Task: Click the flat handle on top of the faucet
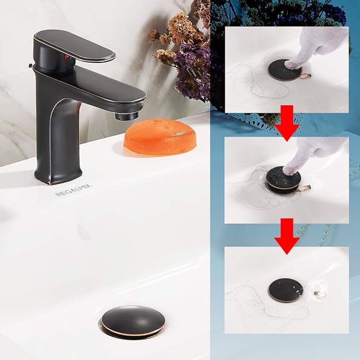pyautogui.click(x=74, y=45)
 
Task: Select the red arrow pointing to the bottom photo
pyautogui.click(x=287, y=234)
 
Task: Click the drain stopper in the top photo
pyautogui.click(x=284, y=70)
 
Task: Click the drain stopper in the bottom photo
pyautogui.click(x=285, y=290)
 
